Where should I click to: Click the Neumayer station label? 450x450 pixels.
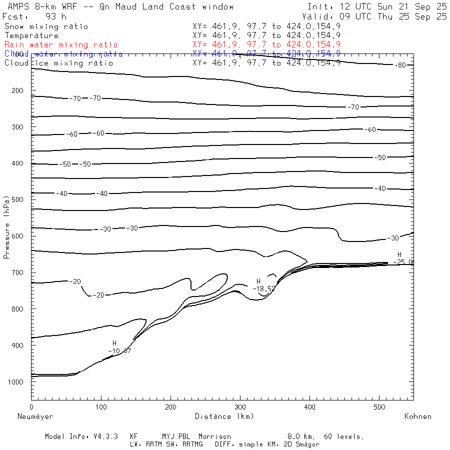35,416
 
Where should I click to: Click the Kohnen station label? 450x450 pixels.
417,416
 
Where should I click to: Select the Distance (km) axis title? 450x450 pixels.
224,416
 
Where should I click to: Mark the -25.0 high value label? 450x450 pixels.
403,261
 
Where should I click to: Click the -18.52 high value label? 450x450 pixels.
263,288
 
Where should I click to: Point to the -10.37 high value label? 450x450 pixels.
119,350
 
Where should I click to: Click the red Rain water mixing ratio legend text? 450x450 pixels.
61,44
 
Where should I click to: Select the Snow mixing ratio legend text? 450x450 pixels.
46,26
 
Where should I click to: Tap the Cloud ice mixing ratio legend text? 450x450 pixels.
59,63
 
